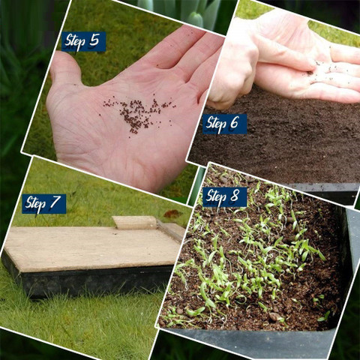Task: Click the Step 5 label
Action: [x=83, y=41]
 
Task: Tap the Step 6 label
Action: [x=224, y=124]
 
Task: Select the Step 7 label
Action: [x=44, y=204]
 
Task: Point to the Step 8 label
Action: [x=225, y=197]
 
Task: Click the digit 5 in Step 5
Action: [x=94, y=40]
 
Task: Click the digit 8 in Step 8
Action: [x=235, y=196]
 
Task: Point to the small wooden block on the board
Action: [x=134, y=223]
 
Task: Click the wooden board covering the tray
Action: [x=92, y=247]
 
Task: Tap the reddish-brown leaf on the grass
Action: [x=172, y=214]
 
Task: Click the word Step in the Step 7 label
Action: [x=35, y=204]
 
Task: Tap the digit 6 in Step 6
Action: [x=234, y=122]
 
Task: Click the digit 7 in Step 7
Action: [x=55, y=202]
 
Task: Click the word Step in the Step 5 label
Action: [x=75, y=41]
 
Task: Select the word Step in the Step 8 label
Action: [x=216, y=197]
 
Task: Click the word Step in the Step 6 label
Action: [x=216, y=124]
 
